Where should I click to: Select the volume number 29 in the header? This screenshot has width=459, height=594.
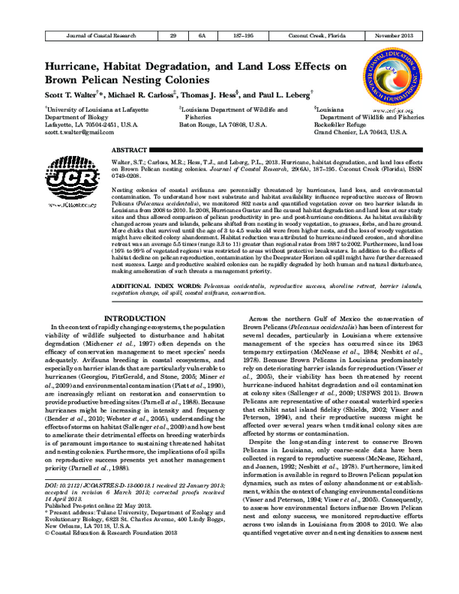[x=174, y=36]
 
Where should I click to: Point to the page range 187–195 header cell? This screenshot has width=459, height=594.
[x=243, y=36]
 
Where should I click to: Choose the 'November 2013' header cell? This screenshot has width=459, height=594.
[x=393, y=36]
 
